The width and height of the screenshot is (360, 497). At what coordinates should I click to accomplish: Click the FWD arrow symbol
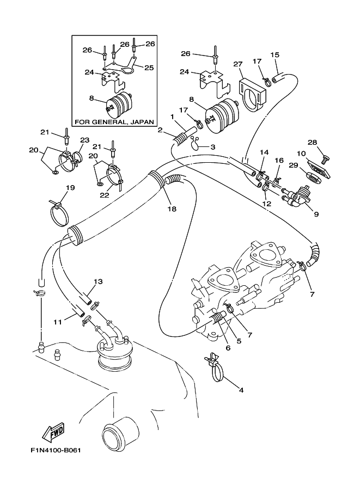pos(53,433)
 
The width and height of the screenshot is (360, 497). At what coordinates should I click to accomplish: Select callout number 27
pos(238,64)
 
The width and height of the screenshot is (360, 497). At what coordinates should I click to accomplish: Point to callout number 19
pos(70,188)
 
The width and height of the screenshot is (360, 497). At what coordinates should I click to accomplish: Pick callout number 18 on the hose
pos(172,208)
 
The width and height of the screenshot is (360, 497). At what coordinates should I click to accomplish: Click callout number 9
pos(316,214)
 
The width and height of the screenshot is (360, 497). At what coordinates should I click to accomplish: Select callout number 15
pos(275,55)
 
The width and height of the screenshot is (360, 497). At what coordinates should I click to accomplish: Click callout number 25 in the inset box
pos(148,67)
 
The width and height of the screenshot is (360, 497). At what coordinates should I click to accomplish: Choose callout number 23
pos(84,140)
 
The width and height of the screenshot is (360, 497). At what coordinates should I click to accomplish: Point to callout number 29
pos(294,165)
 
